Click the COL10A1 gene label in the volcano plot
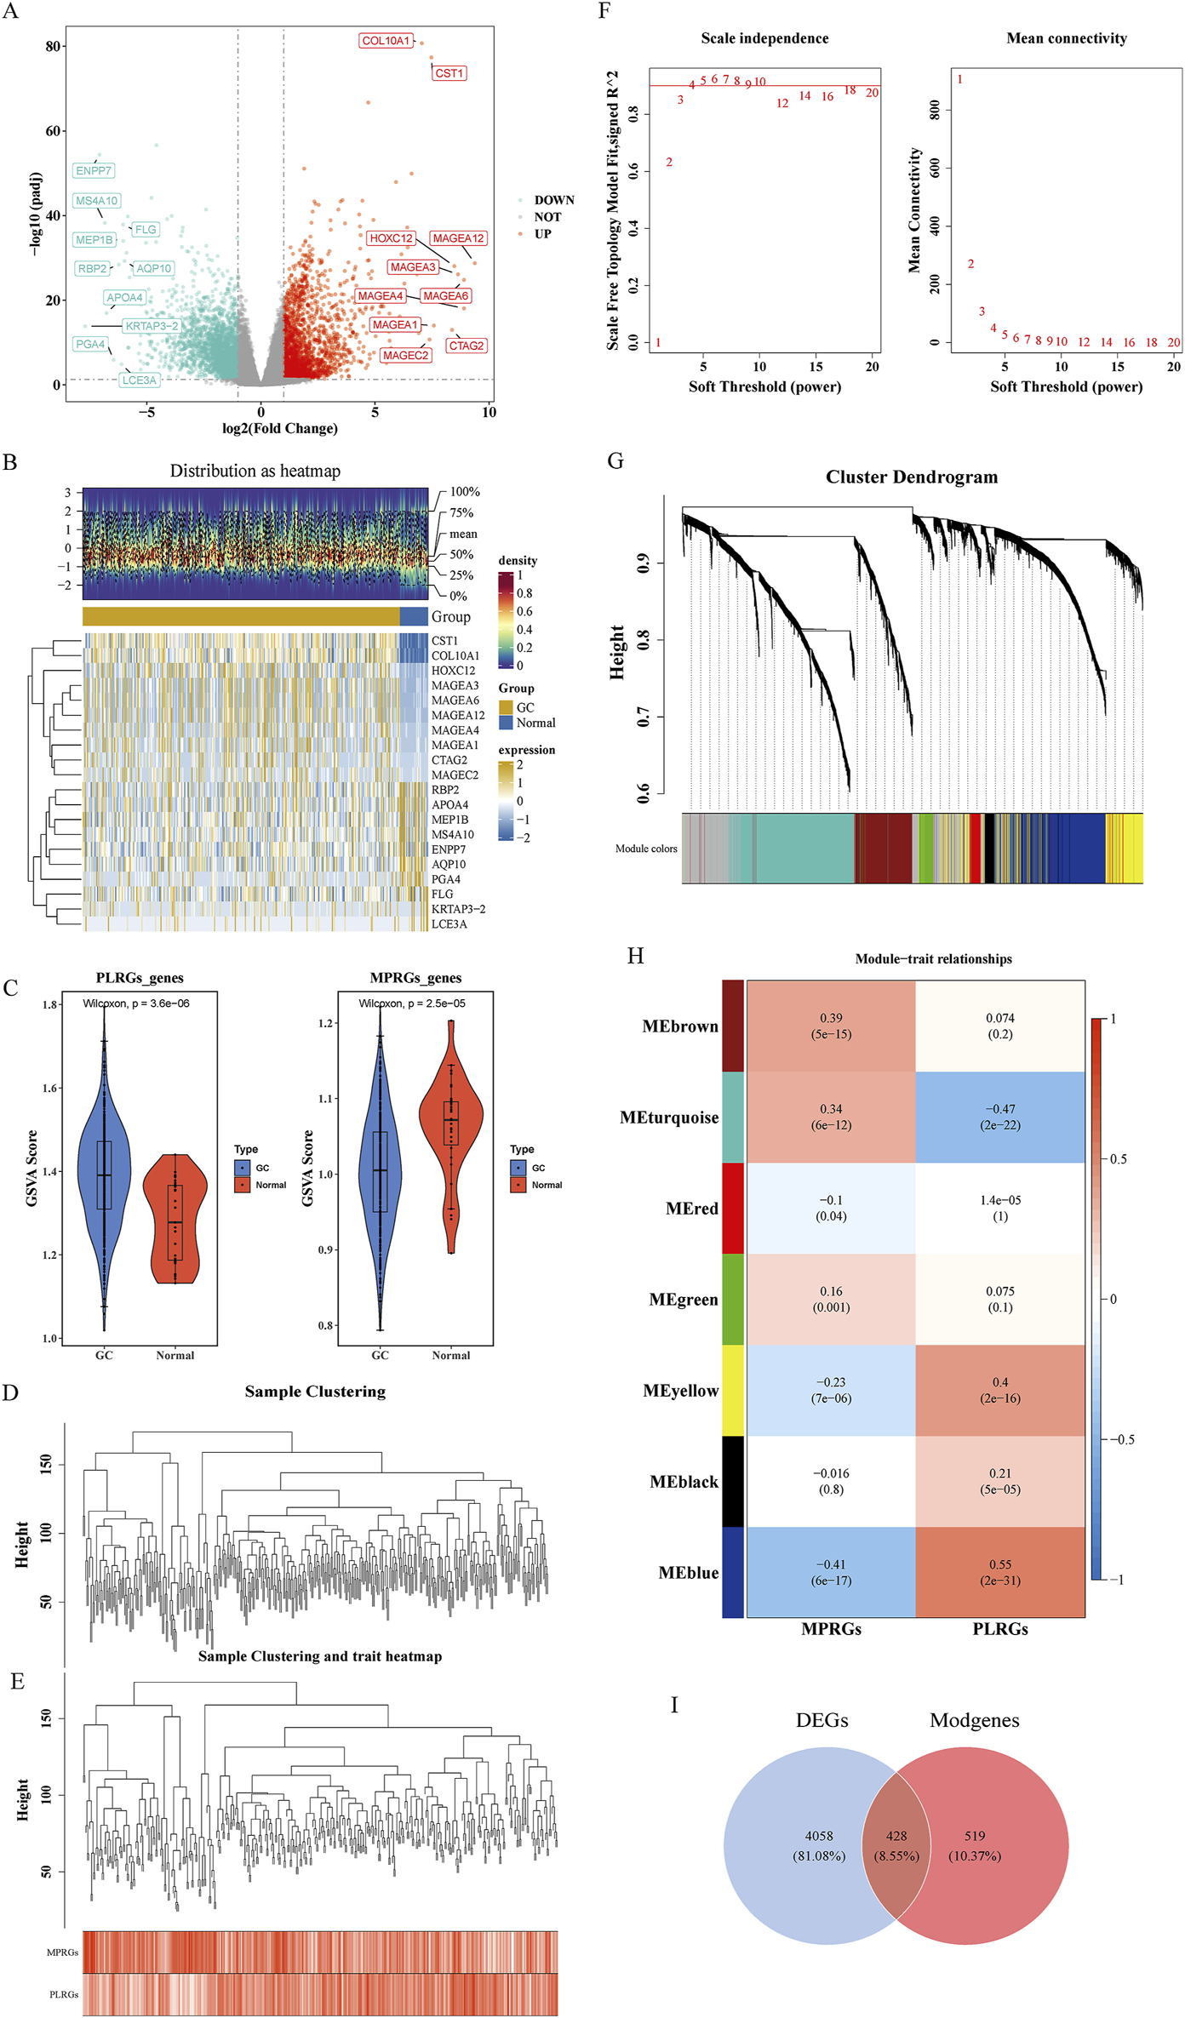coord(386,41)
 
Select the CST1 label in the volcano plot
coord(449,73)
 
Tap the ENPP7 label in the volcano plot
coord(93,171)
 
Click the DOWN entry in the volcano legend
coord(553,200)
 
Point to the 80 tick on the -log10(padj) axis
coord(53,47)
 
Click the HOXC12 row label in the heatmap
coord(453,671)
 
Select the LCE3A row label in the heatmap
coord(449,924)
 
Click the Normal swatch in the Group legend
coord(506,723)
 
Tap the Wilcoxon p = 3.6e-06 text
coord(136,1003)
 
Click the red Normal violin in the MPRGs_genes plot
coord(450,1132)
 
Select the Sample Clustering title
coord(315,1392)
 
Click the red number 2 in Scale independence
coord(669,163)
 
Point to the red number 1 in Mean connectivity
coord(959,80)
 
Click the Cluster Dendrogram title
coord(911,477)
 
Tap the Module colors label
coord(646,849)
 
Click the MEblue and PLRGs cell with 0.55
coord(999,1572)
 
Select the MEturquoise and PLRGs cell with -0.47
coord(999,1117)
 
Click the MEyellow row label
coord(680,1391)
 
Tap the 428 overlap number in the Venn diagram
coord(896,1837)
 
